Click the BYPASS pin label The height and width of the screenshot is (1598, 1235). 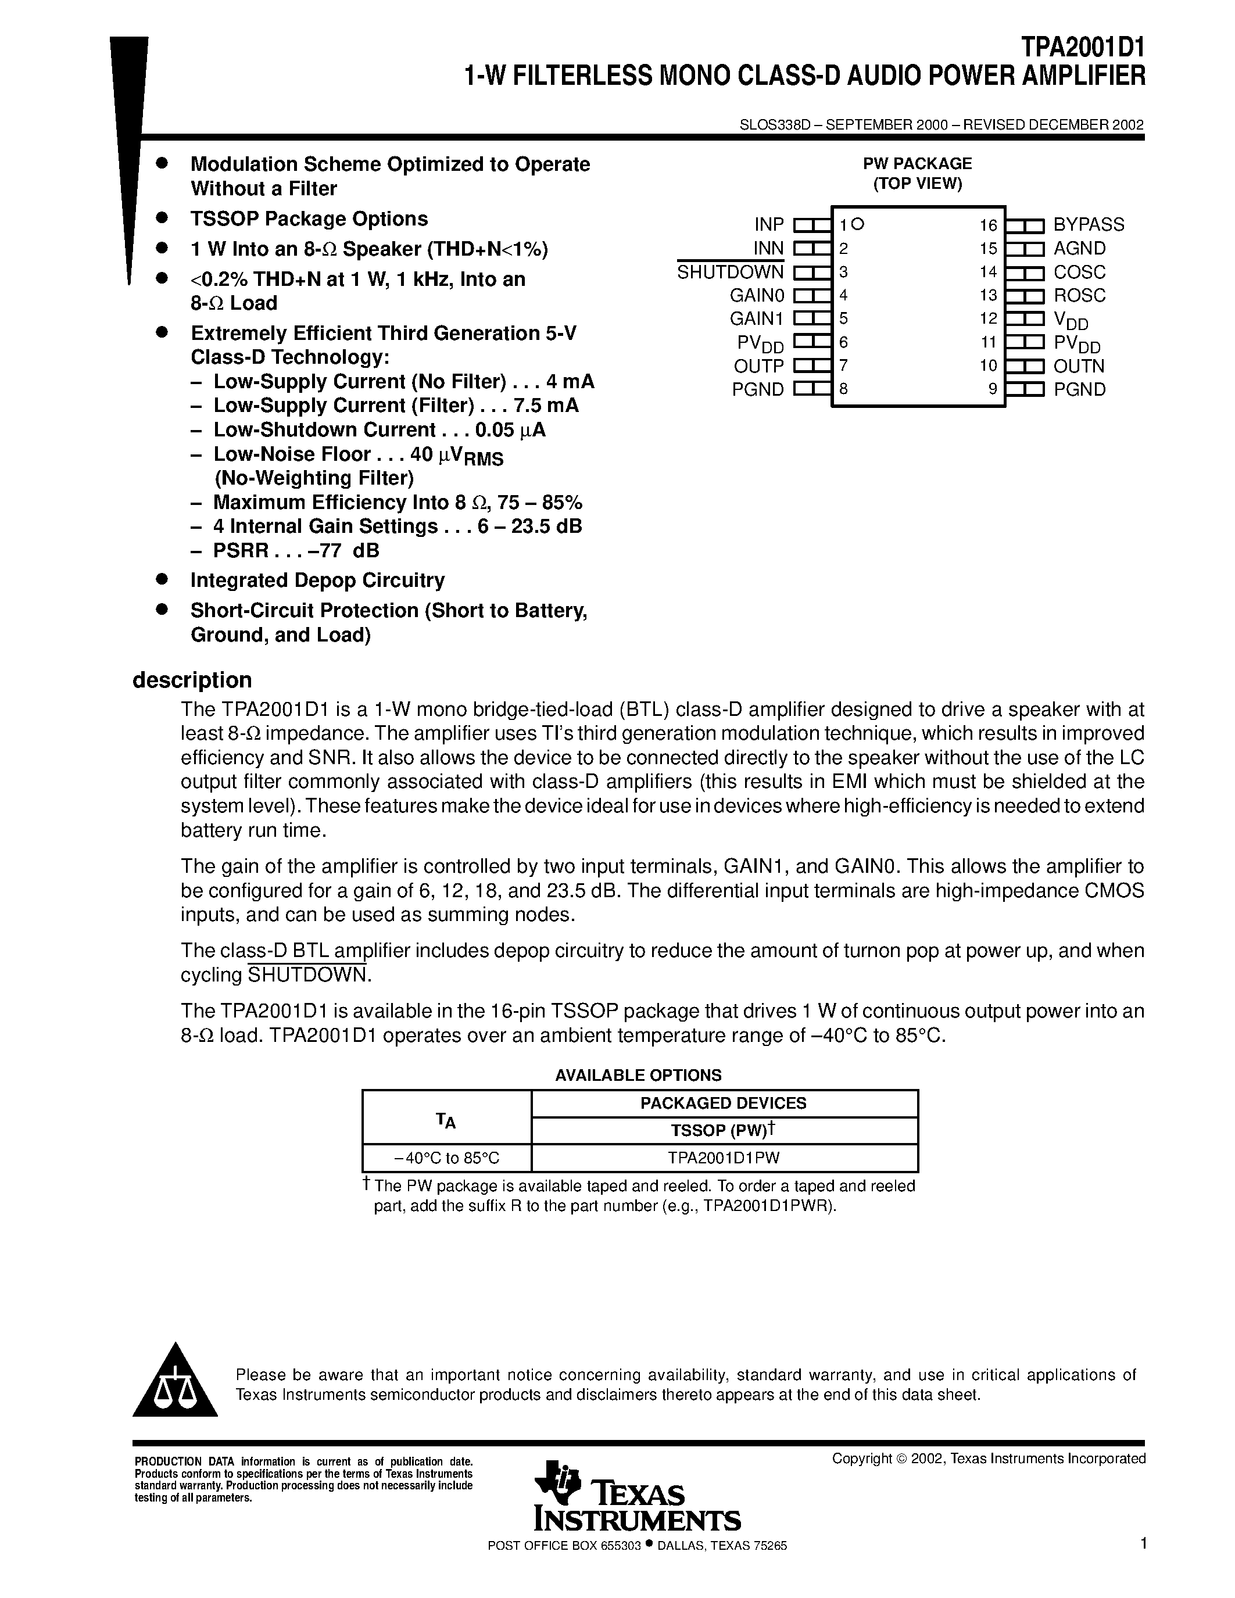tap(1088, 225)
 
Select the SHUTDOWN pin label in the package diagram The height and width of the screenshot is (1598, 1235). tap(729, 272)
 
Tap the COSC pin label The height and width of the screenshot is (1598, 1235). tap(1079, 272)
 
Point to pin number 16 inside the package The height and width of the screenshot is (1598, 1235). tap(989, 225)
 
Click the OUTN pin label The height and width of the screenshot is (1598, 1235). tap(1079, 366)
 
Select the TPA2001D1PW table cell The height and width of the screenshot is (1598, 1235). tap(724, 1158)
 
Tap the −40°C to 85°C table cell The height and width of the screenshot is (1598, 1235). tap(446, 1158)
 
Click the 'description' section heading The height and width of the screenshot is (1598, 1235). tap(192, 680)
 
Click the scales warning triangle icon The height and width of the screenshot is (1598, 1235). tap(175, 1383)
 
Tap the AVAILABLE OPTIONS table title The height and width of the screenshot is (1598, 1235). tap(638, 1075)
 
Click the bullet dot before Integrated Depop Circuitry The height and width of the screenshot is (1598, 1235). tap(162, 579)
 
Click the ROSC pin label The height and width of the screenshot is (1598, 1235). tap(1079, 296)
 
